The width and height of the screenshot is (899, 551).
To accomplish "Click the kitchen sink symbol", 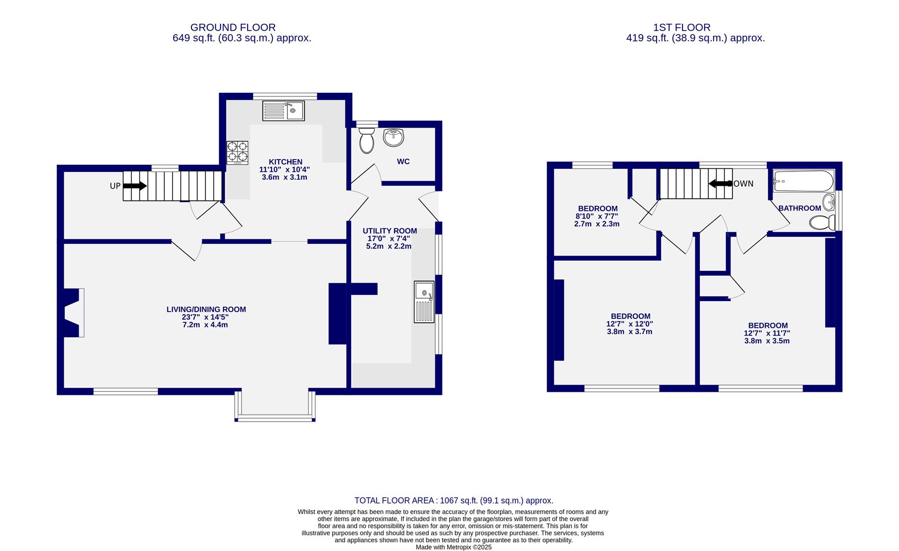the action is [283, 111].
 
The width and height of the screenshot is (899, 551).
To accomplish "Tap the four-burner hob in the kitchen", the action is [237, 153].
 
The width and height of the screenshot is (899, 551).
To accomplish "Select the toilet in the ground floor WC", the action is [366, 140].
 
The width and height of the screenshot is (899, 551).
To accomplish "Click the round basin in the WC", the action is [394, 137].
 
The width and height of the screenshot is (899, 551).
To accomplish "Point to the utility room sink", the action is [424, 302].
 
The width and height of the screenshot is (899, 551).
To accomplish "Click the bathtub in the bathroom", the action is [804, 181].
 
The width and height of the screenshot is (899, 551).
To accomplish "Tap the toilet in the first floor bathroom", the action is [822, 223].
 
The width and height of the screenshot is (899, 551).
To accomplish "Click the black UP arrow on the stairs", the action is [135, 186].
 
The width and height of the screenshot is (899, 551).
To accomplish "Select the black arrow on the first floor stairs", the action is [720, 183].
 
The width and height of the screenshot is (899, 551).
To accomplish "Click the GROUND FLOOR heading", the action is [233, 28].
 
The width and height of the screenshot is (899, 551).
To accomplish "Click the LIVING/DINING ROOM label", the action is [206, 309].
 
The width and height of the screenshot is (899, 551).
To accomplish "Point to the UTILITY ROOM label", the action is [390, 231].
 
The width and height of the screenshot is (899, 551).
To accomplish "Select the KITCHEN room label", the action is [286, 162].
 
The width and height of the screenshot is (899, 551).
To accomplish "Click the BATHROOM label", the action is [799, 208].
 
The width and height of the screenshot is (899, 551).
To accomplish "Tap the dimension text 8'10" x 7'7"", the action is [597, 216].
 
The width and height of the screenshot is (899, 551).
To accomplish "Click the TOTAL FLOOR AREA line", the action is [454, 501].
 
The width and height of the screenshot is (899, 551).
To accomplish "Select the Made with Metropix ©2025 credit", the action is [454, 547].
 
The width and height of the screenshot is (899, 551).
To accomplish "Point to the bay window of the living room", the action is [275, 407].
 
